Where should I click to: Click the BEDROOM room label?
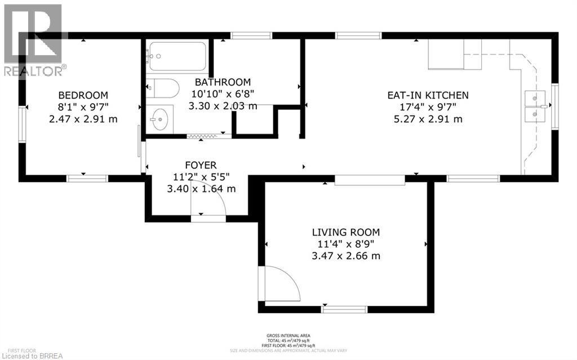click(83, 95)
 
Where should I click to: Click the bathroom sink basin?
click(160, 119)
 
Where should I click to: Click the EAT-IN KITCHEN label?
click(428, 95)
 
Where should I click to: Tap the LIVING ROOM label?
click(346, 232)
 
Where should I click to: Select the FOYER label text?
click(201, 165)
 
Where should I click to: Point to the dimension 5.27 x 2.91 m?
click(428, 119)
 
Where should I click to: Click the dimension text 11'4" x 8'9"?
click(346, 244)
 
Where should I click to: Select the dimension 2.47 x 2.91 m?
click(83, 119)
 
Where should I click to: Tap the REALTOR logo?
click(33, 39)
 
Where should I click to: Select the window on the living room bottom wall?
click(344, 309)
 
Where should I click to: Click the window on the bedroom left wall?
click(22, 122)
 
